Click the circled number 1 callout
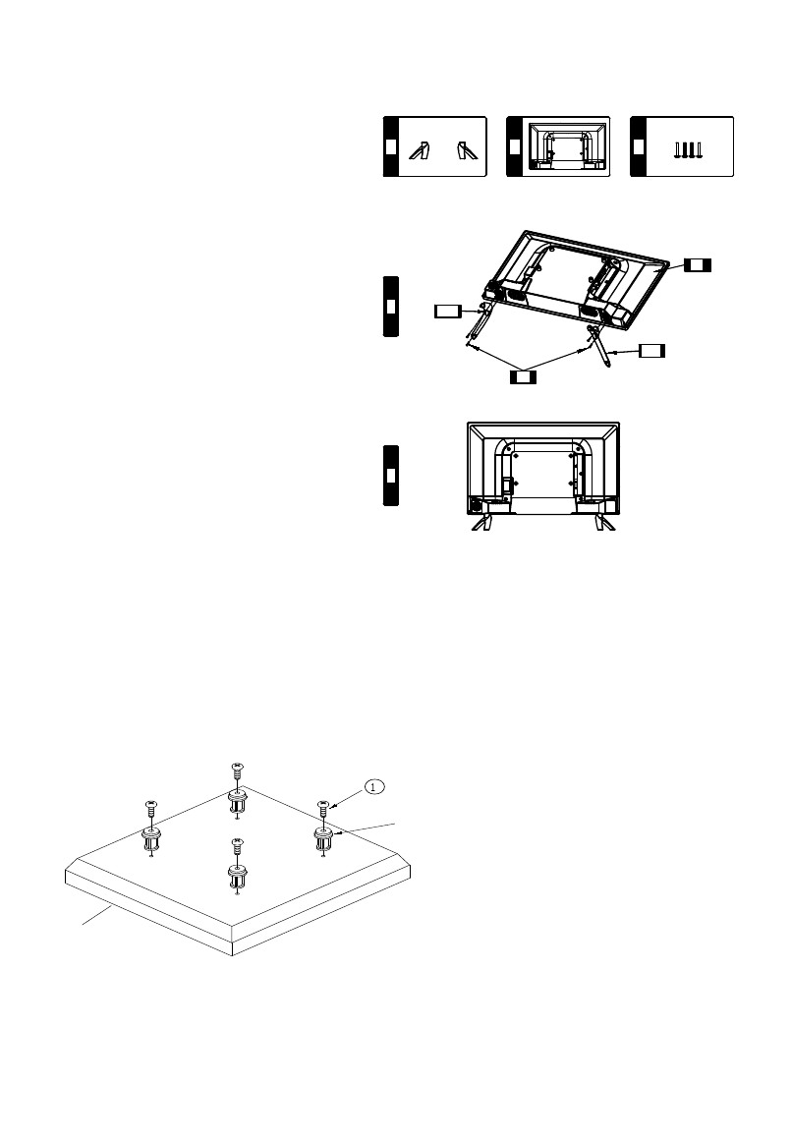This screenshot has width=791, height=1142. (373, 786)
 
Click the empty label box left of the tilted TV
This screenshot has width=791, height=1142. (447, 312)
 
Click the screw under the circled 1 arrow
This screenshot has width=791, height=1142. (322, 808)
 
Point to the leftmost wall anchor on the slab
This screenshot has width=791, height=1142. (152, 837)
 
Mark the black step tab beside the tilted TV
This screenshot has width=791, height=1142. (390, 307)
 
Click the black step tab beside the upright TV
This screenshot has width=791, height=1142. (390, 476)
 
